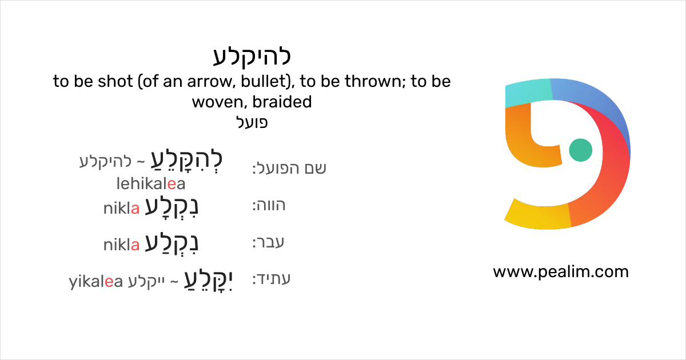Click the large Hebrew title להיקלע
(252, 57)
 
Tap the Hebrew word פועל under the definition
(252, 122)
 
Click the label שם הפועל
(289, 168)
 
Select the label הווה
(269, 205)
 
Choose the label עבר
(268, 242)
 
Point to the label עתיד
(272, 279)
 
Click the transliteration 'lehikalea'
(151, 183)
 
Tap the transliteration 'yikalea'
(96, 282)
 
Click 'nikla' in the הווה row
(122, 209)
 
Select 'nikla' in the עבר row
(122, 245)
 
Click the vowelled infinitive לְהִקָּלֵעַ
(186, 161)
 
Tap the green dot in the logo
(580, 150)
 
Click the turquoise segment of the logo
(529, 92)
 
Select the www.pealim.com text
(561, 272)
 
